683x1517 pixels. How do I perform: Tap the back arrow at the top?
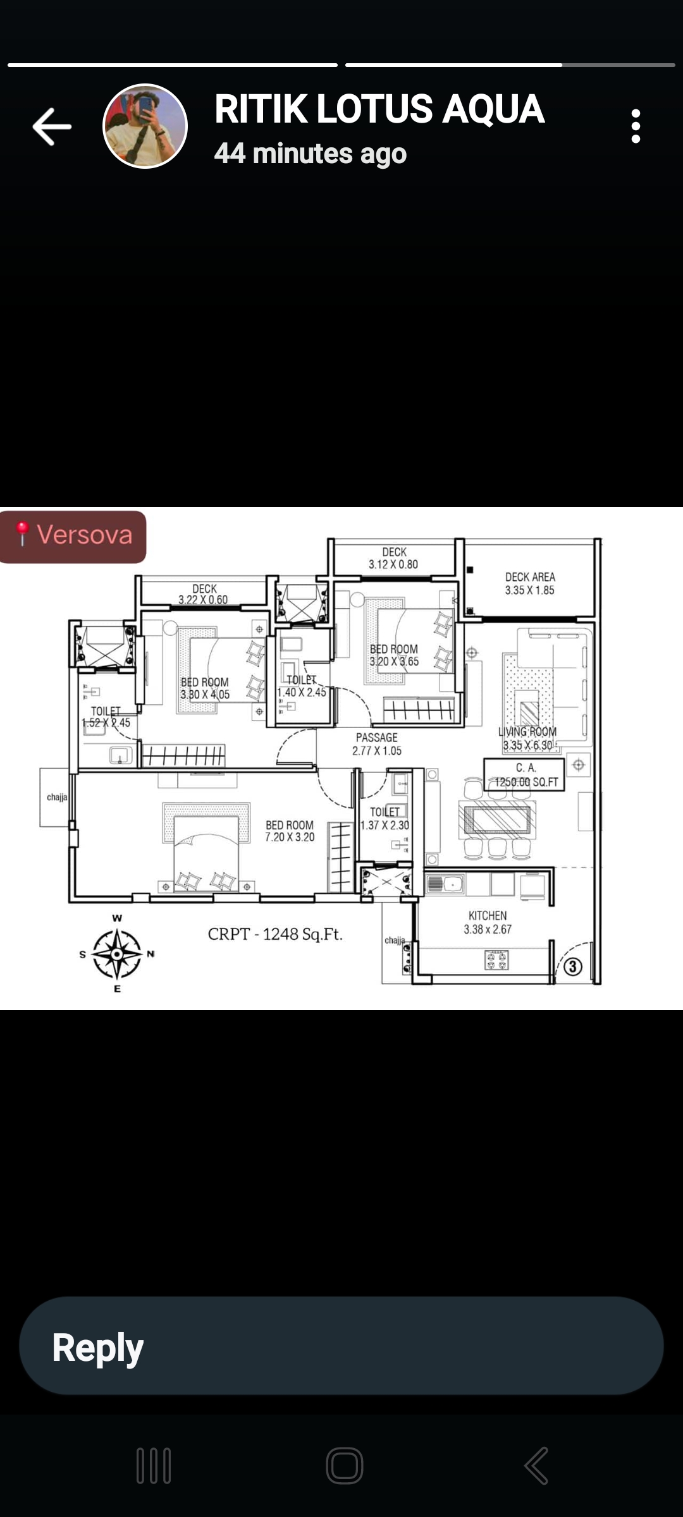coord(52,126)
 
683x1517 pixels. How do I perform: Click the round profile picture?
coord(145,126)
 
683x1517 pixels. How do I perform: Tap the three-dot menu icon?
coord(636,126)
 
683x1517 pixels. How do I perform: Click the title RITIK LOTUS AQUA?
coord(379,109)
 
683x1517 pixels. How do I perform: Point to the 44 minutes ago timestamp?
coord(310,154)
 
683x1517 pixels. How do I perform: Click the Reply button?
coord(341,1346)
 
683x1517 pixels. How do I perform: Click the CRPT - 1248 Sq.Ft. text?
coord(275,934)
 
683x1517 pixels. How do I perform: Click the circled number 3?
coord(573,966)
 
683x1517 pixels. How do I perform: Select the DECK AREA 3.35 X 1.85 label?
coord(530,583)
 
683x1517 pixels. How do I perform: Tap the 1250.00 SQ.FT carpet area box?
coord(524,775)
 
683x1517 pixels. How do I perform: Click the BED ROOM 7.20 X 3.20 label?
coord(290,831)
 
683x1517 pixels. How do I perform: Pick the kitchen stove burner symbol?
coord(496,960)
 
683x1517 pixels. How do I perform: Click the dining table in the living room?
coord(497,820)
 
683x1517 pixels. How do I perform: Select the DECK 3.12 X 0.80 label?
coord(394,558)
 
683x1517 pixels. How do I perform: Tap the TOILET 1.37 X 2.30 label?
coord(385,819)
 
